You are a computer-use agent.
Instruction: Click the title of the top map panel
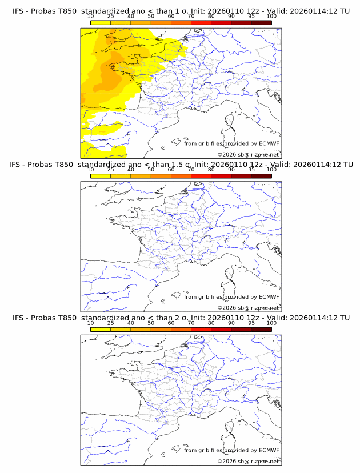tap(181, 11)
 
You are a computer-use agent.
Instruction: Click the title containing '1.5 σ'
tap(181, 165)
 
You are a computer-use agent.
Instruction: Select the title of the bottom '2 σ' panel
tap(181, 318)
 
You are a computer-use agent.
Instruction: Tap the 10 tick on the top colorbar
tap(90, 17)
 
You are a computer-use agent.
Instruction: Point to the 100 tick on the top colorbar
tap(271, 17)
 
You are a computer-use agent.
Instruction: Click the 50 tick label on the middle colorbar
tap(151, 170)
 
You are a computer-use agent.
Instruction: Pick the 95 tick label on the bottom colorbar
tap(251, 323)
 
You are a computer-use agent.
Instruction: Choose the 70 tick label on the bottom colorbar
tap(191, 323)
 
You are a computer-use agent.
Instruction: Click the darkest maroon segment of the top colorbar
tap(262, 23)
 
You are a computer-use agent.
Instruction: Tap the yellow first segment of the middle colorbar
tap(101, 176)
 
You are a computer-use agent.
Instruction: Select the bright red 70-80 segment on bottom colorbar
tap(201, 329)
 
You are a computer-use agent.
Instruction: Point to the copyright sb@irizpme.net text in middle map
tap(249, 307)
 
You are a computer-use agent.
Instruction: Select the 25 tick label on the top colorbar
tap(110, 17)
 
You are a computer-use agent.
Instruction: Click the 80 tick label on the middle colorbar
tap(211, 170)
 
